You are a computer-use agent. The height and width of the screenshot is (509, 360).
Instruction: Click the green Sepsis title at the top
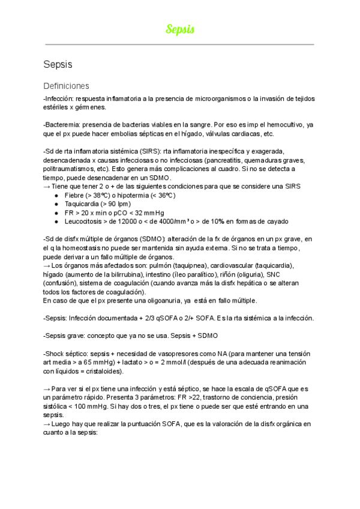(x=180, y=29)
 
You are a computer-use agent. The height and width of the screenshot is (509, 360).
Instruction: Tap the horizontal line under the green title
(x=180, y=44)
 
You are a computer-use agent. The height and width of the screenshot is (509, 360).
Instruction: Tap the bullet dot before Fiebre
(x=56, y=196)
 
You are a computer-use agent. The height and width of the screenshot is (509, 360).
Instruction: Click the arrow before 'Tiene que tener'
(x=47, y=187)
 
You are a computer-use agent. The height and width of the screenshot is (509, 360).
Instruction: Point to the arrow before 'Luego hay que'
(x=47, y=424)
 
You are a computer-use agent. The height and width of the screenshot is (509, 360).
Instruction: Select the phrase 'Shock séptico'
(x=67, y=354)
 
